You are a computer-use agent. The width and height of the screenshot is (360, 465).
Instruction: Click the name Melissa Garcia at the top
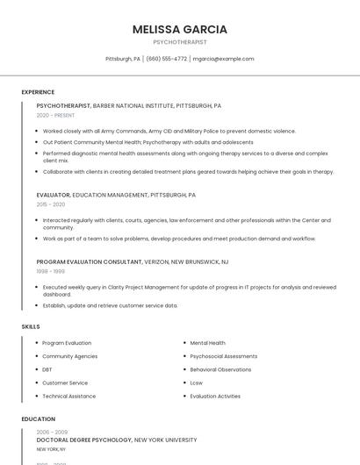[180, 29]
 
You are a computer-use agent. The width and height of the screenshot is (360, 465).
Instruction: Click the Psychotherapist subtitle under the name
[180, 42]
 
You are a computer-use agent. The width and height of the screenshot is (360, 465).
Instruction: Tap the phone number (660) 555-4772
[166, 59]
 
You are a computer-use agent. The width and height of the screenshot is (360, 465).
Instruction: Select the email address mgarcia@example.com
[223, 59]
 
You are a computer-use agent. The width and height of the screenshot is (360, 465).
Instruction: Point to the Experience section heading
[38, 92]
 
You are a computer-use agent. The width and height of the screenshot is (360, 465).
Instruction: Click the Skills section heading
[31, 326]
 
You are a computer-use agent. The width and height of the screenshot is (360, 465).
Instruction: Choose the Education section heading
[39, 419]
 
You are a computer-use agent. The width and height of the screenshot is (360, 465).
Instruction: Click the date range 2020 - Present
[55, 115]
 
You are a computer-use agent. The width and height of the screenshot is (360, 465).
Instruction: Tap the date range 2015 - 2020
[51, 204]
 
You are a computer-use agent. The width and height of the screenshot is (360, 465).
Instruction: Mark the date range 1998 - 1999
[50, 271]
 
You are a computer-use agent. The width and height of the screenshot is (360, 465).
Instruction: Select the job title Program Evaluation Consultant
[89, 261]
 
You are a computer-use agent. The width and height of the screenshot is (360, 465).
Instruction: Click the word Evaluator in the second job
[53, 195]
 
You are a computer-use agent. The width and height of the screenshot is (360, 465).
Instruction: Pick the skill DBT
[47, 369]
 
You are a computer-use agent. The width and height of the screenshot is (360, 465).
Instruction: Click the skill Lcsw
[197, 383]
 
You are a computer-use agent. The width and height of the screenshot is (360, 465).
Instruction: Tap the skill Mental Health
[207, 343]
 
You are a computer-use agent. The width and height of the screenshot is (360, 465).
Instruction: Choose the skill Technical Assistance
[68, 396]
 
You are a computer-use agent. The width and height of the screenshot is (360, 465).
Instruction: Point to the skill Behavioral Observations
[220, 369]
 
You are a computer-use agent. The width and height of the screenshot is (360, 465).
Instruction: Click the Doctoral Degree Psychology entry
[83, 440]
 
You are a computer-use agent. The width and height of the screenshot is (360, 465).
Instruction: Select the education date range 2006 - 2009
[51, 432]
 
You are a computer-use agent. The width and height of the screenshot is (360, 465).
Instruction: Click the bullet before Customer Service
[36, 383]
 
